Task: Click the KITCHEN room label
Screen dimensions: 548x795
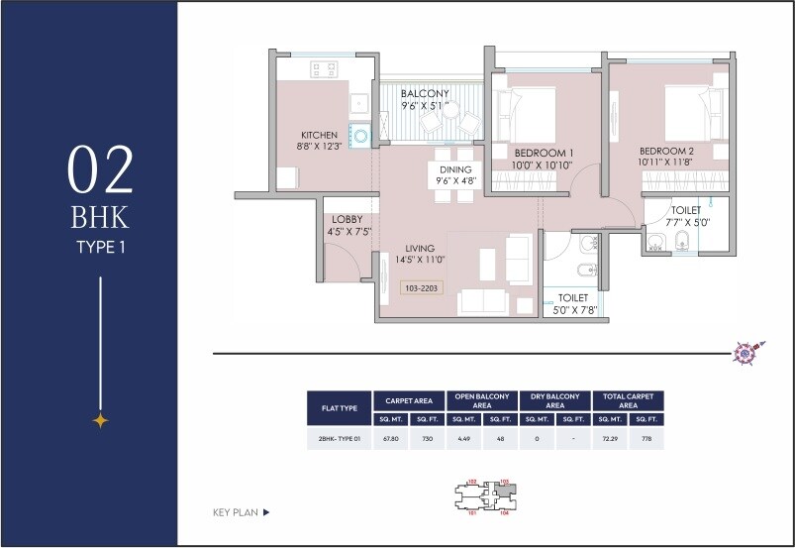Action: tap(320, 135)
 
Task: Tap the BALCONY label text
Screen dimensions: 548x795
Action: tap(425, 94)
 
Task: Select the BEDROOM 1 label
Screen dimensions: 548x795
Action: tap(544, 152)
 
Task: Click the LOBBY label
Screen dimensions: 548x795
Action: tap(347, 219)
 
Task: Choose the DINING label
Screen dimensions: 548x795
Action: tap(456, 169)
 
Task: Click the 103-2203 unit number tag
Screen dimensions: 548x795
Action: tap(421, 288)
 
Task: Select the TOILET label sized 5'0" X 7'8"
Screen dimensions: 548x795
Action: tap(573, 297)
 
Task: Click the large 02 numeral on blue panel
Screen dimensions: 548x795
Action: tap(100, 169)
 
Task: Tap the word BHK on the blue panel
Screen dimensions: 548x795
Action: tap(100, 216)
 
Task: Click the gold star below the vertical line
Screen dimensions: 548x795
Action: tap(100, 420)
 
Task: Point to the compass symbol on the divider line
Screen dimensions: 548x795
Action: tap(744, 352)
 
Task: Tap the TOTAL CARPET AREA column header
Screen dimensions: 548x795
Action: tap(627, 400)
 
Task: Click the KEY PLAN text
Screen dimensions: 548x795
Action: tap(236, 512)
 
